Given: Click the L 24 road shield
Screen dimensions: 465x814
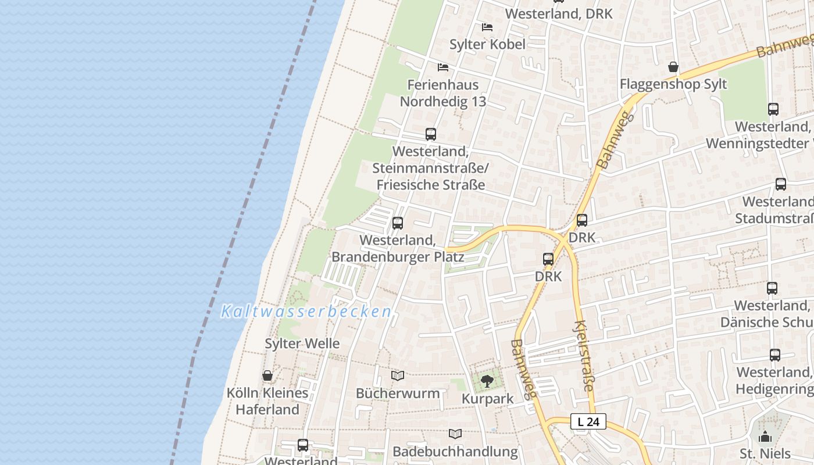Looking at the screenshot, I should pos(588,421).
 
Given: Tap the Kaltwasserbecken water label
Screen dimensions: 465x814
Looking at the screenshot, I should pos(306,312).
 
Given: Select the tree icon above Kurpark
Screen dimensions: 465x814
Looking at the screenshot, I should pos(487,381).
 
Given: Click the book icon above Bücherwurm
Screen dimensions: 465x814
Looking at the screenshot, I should pos(398,376).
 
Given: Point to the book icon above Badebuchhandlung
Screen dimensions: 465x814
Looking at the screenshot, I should pos(455,434).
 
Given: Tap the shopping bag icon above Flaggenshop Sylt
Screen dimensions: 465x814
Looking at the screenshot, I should pos(673,67).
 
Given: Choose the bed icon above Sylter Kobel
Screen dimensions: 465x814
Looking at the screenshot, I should pos(487,27).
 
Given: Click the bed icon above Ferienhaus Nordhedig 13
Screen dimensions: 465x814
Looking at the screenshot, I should pos(443,67).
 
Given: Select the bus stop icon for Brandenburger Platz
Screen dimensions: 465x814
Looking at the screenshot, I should pos(398,223).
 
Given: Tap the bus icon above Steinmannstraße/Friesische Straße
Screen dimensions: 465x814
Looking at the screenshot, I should pos(431,134).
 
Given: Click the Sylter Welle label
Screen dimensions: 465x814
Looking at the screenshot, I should pos(302,344).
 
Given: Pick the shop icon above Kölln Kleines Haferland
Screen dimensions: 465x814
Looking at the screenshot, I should pos(267,375).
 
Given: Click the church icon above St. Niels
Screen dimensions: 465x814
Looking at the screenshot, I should pos(765,437).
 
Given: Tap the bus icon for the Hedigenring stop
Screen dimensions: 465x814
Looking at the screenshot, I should pos(775,355).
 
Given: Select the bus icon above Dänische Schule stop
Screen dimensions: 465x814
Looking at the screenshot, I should pos(772,288).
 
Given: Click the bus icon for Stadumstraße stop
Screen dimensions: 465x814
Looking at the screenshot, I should pos(781,184).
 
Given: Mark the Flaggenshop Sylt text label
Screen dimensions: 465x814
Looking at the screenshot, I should pos(673,84).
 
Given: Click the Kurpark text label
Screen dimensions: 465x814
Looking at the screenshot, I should pos(488,399).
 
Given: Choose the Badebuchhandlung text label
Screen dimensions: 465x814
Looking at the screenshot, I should pos(455,451).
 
